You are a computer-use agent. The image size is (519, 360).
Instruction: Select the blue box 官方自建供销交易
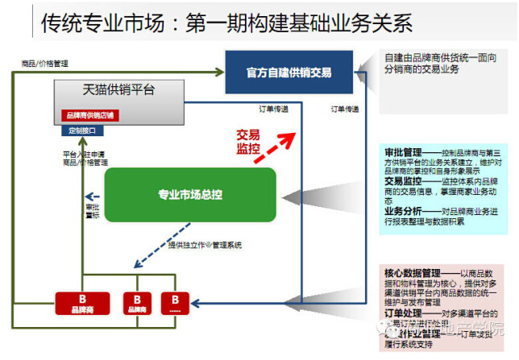289,72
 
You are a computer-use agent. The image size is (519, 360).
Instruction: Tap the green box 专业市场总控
189,194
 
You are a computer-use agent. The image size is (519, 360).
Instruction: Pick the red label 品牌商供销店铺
89,115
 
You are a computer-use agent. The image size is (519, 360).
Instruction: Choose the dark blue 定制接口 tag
82,130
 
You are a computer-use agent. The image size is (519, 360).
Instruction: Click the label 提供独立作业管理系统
205,245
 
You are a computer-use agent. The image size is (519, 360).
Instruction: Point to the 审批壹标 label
93,211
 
